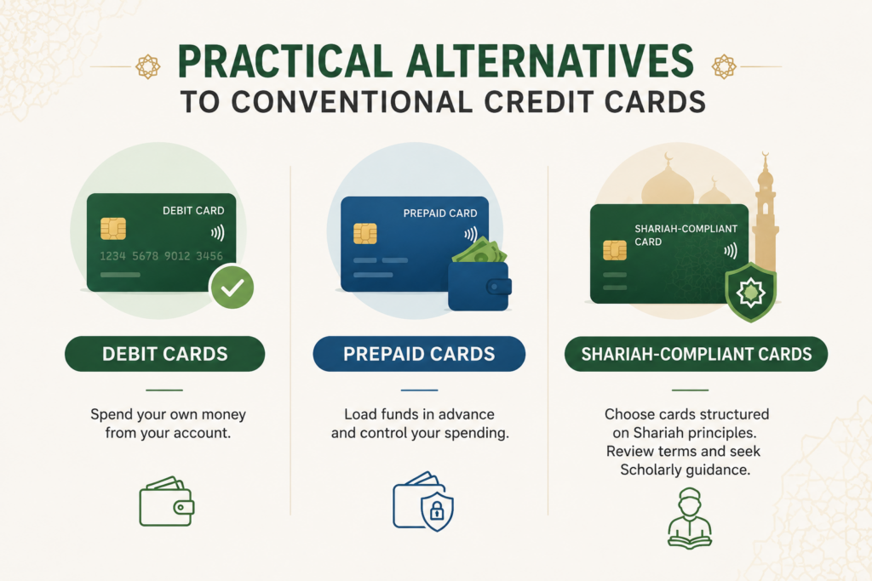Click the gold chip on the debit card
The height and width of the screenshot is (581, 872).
(x=113, y=228)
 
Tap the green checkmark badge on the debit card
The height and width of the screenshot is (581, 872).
(x=232, y=287)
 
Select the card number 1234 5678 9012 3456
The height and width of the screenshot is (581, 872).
(x=161, y=256)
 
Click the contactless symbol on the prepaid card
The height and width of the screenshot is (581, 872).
(x=470, y=235)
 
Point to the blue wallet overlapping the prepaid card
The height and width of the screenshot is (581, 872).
(x=479, y=286)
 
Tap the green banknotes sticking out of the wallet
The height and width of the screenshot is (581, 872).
(x=479, y=251)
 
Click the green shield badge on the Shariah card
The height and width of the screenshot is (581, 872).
(x=751, y=292)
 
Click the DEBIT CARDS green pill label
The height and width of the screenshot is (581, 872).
(x=164, y=354)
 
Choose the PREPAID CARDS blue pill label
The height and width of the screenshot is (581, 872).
(x=419, y=354)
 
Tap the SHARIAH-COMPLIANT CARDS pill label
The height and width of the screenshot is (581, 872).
(x=697, y=354)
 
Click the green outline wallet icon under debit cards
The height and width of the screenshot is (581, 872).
(x=167, y=501)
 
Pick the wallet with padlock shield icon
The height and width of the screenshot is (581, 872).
(x=423, y=501)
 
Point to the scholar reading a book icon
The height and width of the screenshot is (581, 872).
(x=690, y=519)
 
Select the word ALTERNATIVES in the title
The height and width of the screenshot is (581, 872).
(x=550, y=61)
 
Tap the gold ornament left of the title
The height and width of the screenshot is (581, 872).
(x=148, y=66)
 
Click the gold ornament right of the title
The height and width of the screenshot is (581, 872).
(x=724, y=66)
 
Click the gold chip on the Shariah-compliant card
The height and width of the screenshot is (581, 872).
(x=615, y=250)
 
